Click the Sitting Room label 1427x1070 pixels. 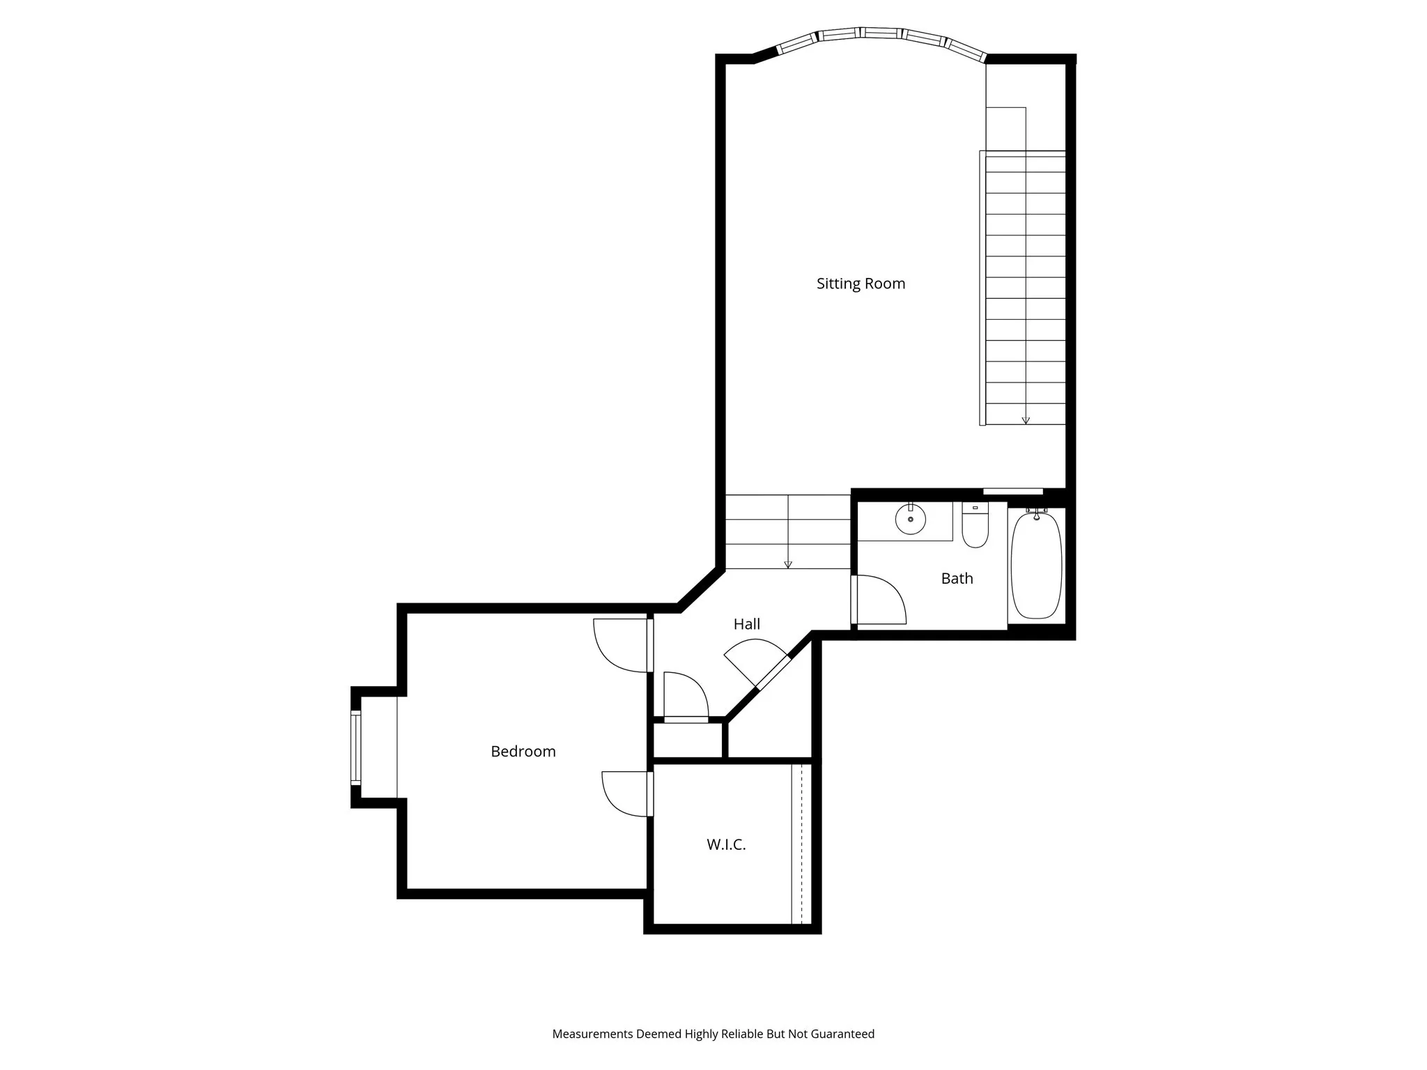pyautogui.click(x=861, y=284)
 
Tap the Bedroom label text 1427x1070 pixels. pyautogui.click(x=523, y=752)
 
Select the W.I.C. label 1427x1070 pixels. pyautogui.click(x=726, y=845)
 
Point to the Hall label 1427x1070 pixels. pyautogui.click(x=746, y=624)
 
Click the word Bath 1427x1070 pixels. pyautogui.click(x=957, y=578)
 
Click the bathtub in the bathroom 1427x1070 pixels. pyautogui.click(x=1036, y=566)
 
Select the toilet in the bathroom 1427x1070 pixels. pyautogui.click(x=975, y=528)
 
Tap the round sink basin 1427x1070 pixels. pyautogui.click(x=910, y=520)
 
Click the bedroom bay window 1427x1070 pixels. pyautogui.click(x=356, y=747)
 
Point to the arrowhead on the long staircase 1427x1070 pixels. pyautogui.click(x=1026, y=420)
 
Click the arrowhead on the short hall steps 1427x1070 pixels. pyautogui.click(x=788, y=564)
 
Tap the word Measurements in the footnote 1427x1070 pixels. pyautogui.click(x=592, y=1034)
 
